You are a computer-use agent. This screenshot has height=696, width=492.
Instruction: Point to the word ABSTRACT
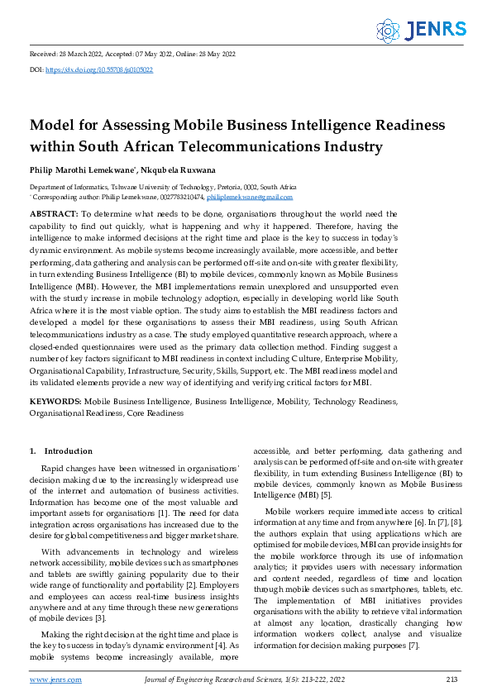pos(54,214)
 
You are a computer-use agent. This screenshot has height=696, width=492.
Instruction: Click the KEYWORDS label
pos(56,400)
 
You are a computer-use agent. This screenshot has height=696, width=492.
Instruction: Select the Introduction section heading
pos(68,451)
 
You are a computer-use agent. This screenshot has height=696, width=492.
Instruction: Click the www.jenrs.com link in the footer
pos(55,679)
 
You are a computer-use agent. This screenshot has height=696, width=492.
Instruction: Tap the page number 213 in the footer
pos(451,679)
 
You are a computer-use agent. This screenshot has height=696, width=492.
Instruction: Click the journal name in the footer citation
pos(206,679)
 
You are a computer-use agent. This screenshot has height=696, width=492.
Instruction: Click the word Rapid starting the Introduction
pos(55,469)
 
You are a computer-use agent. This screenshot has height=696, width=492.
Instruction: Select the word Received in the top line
pos(43,54)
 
